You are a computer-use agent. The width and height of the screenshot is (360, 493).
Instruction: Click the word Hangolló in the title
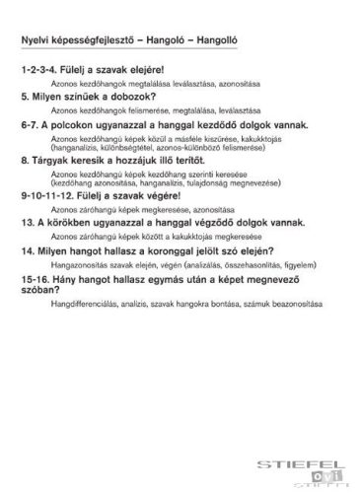(x=216, y=40)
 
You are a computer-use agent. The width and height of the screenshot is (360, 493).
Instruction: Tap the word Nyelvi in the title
(x=34, y=40)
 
